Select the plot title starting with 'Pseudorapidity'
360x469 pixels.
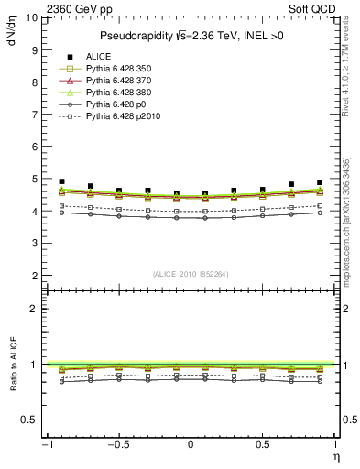pyautogui.click(x=189, y=36)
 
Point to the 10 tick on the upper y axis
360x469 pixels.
pyautogui.click(x=31, y=17)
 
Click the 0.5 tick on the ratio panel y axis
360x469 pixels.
pyautogui.click(x=29, y=420)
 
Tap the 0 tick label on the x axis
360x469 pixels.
pyautogui.click(x=191, y=444)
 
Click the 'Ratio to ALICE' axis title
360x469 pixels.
pyautogui.click(x=12, y=364)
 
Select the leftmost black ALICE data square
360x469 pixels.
pyautogui.click(x=61, y=181)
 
